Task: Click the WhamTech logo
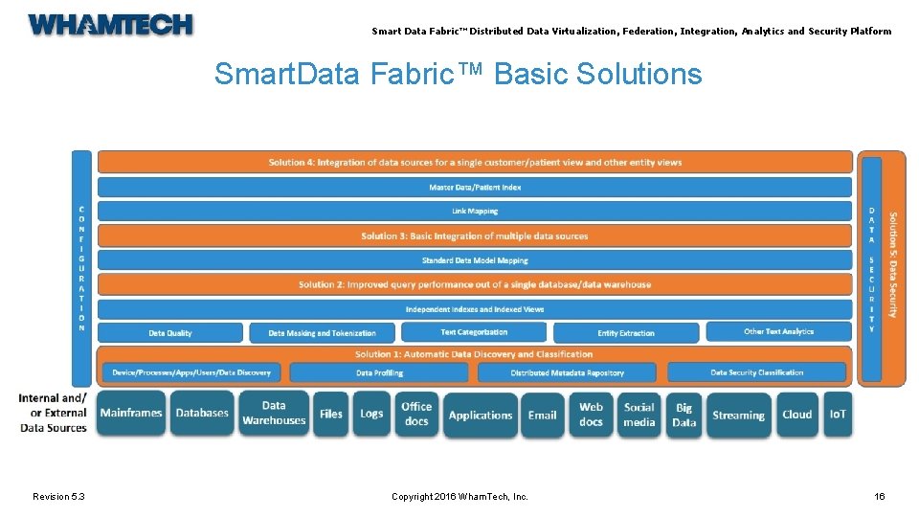click(110, 25)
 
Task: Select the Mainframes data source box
click(131, 414)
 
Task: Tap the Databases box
click(202, 414)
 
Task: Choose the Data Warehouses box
click(274, 414)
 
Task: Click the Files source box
click(331, 414)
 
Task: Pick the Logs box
click(371, 414)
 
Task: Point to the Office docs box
click(416, 414)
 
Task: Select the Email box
click(542, 415)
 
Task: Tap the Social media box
click(639, 415)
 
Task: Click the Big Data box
click(684, 415)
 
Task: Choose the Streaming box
click(738, 415)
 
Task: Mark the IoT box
click(838, 415)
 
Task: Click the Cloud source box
click(796, 415)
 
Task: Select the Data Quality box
click(170, 333)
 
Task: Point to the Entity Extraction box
click(626, 333)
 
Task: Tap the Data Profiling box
click(379, 372)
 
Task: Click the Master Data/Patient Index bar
click(475, 188)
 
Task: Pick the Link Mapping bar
click(475, 212)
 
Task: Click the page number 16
click(880, 496)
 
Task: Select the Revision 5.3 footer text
click(58, 496)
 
